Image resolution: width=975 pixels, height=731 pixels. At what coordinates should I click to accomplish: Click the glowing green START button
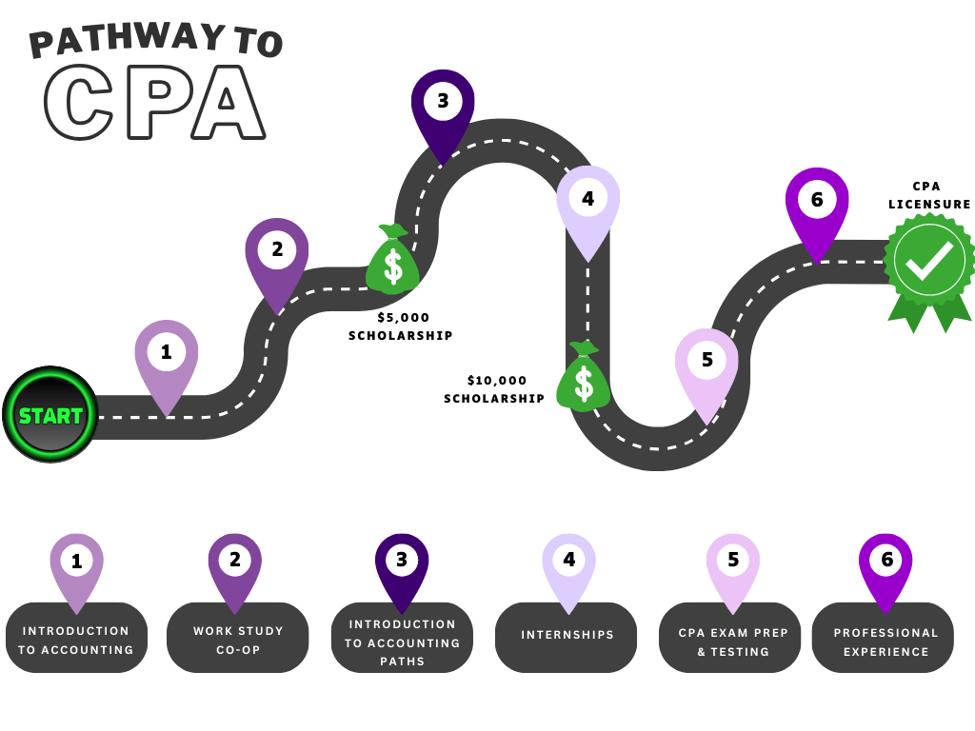point(50,415)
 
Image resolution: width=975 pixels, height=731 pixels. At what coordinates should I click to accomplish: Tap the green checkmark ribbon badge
point(929,263)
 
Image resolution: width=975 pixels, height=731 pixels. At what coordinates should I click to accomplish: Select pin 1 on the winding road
point(167,357)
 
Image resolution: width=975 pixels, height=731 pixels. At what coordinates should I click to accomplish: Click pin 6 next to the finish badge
point(817,204)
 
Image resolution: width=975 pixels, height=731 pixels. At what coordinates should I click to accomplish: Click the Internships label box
point(567,636)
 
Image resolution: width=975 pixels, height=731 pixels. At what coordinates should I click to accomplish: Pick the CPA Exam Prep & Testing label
point(730,642)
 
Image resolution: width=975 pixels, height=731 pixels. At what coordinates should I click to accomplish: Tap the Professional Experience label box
point(883,642)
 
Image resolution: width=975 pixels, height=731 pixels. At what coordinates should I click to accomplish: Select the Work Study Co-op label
point(238,641)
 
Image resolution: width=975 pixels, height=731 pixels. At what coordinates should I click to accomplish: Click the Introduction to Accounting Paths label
point(402,642)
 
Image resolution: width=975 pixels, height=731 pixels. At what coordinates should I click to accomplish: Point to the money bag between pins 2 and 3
point(392,261)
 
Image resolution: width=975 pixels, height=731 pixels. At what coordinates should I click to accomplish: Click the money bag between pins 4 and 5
point(583,378)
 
